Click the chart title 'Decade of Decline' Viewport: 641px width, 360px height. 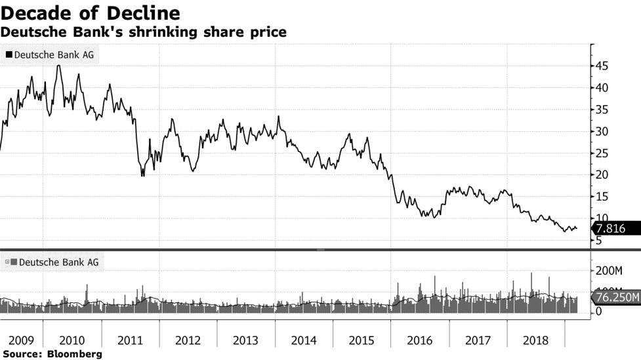click(91, 13)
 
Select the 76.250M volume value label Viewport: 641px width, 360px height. click(617, 297)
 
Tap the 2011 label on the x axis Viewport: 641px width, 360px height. click(131, 341)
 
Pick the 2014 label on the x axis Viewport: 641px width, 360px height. click(304, 341)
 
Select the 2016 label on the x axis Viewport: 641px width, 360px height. click(420, 341)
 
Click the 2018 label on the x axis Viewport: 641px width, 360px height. click(536, 341)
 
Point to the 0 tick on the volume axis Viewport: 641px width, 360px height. click(599, 313)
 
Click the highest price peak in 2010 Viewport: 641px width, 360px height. click(58, 66)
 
